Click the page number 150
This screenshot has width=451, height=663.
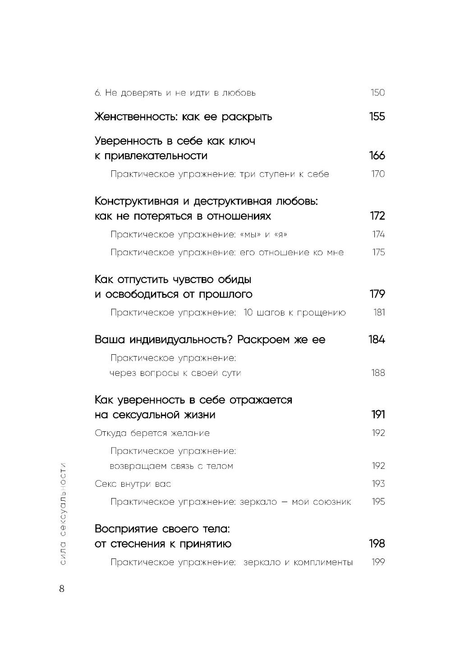(x=377, y=93)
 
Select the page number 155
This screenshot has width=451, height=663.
(x=377, y=117)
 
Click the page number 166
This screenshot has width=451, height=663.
(x=377, y=156)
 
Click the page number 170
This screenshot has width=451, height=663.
(x=378, y=174)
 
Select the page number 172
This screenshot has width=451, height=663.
(x=377, y=216)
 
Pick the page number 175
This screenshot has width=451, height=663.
(x=378, y=252)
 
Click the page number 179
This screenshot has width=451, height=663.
(x=377, y=294)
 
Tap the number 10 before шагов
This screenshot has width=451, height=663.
(x=249, y=312)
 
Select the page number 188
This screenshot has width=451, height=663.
(x=378, y=373)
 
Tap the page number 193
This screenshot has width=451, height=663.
(x=378, y=484)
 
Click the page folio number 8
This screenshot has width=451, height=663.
(x=62, y=589)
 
